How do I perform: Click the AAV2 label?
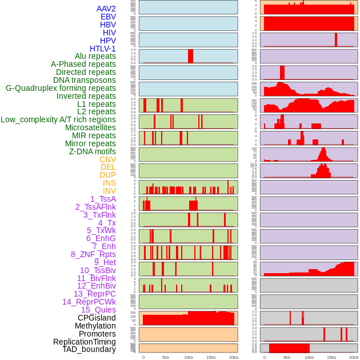pos(106,9)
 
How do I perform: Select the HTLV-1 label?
pos(102,49)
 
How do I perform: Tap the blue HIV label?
pos(109,33)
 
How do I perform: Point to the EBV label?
pos(107,17)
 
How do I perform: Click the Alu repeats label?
pos(95,56)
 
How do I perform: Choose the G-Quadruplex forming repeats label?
pos(61,88)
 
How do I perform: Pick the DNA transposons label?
pos(84,80)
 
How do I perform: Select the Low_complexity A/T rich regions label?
pos(58,119)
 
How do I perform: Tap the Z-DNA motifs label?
pos(92,151)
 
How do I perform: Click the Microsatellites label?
pos(90,127)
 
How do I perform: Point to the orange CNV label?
pos(107,159)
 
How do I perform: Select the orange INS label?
pos(109,183)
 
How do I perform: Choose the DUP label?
pos(107,175)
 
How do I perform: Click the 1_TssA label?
pos(103,199)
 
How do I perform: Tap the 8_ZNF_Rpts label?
pos(93,254)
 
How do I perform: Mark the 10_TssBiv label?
pos(98,270)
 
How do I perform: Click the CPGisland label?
pos(97,318)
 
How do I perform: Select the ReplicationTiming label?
pos(85,342)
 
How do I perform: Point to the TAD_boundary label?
pos(89,349)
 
